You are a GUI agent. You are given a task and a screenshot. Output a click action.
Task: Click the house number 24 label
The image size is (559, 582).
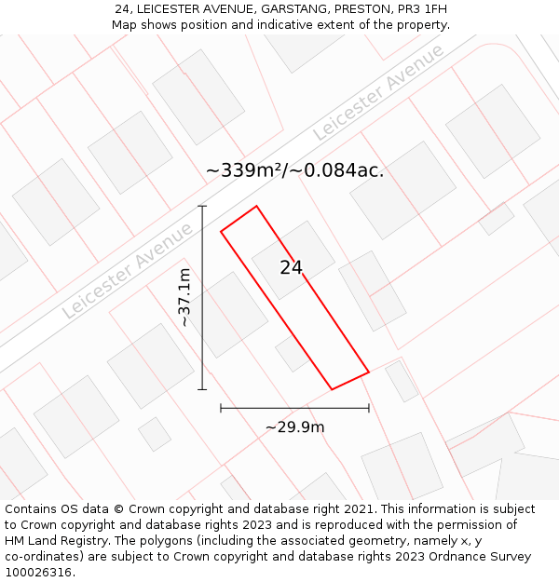pos(291,268)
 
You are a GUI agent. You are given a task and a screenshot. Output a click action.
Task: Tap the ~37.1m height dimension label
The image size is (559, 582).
pos(184,297)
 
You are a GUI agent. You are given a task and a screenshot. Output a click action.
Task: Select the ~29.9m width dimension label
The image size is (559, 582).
pos(294,427)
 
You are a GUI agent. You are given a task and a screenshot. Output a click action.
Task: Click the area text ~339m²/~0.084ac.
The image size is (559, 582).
pos(294,170)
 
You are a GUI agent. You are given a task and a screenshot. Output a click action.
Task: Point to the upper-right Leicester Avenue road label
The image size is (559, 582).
pos(378,92)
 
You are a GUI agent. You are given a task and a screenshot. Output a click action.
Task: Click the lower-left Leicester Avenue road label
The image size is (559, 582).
pos(128,271)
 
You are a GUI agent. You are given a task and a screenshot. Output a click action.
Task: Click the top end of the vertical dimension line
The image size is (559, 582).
pos(202,206)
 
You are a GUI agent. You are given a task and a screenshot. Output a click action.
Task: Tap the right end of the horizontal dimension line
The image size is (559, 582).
pos(369,408)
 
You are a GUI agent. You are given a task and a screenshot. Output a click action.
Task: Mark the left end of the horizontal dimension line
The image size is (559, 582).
pos(221,408)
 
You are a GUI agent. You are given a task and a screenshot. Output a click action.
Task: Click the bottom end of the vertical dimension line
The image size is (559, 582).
pos(202,389)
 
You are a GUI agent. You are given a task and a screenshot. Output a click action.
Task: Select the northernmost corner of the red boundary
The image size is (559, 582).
pos(256,206)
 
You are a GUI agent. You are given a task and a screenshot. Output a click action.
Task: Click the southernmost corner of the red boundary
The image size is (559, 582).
pos(333,389)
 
